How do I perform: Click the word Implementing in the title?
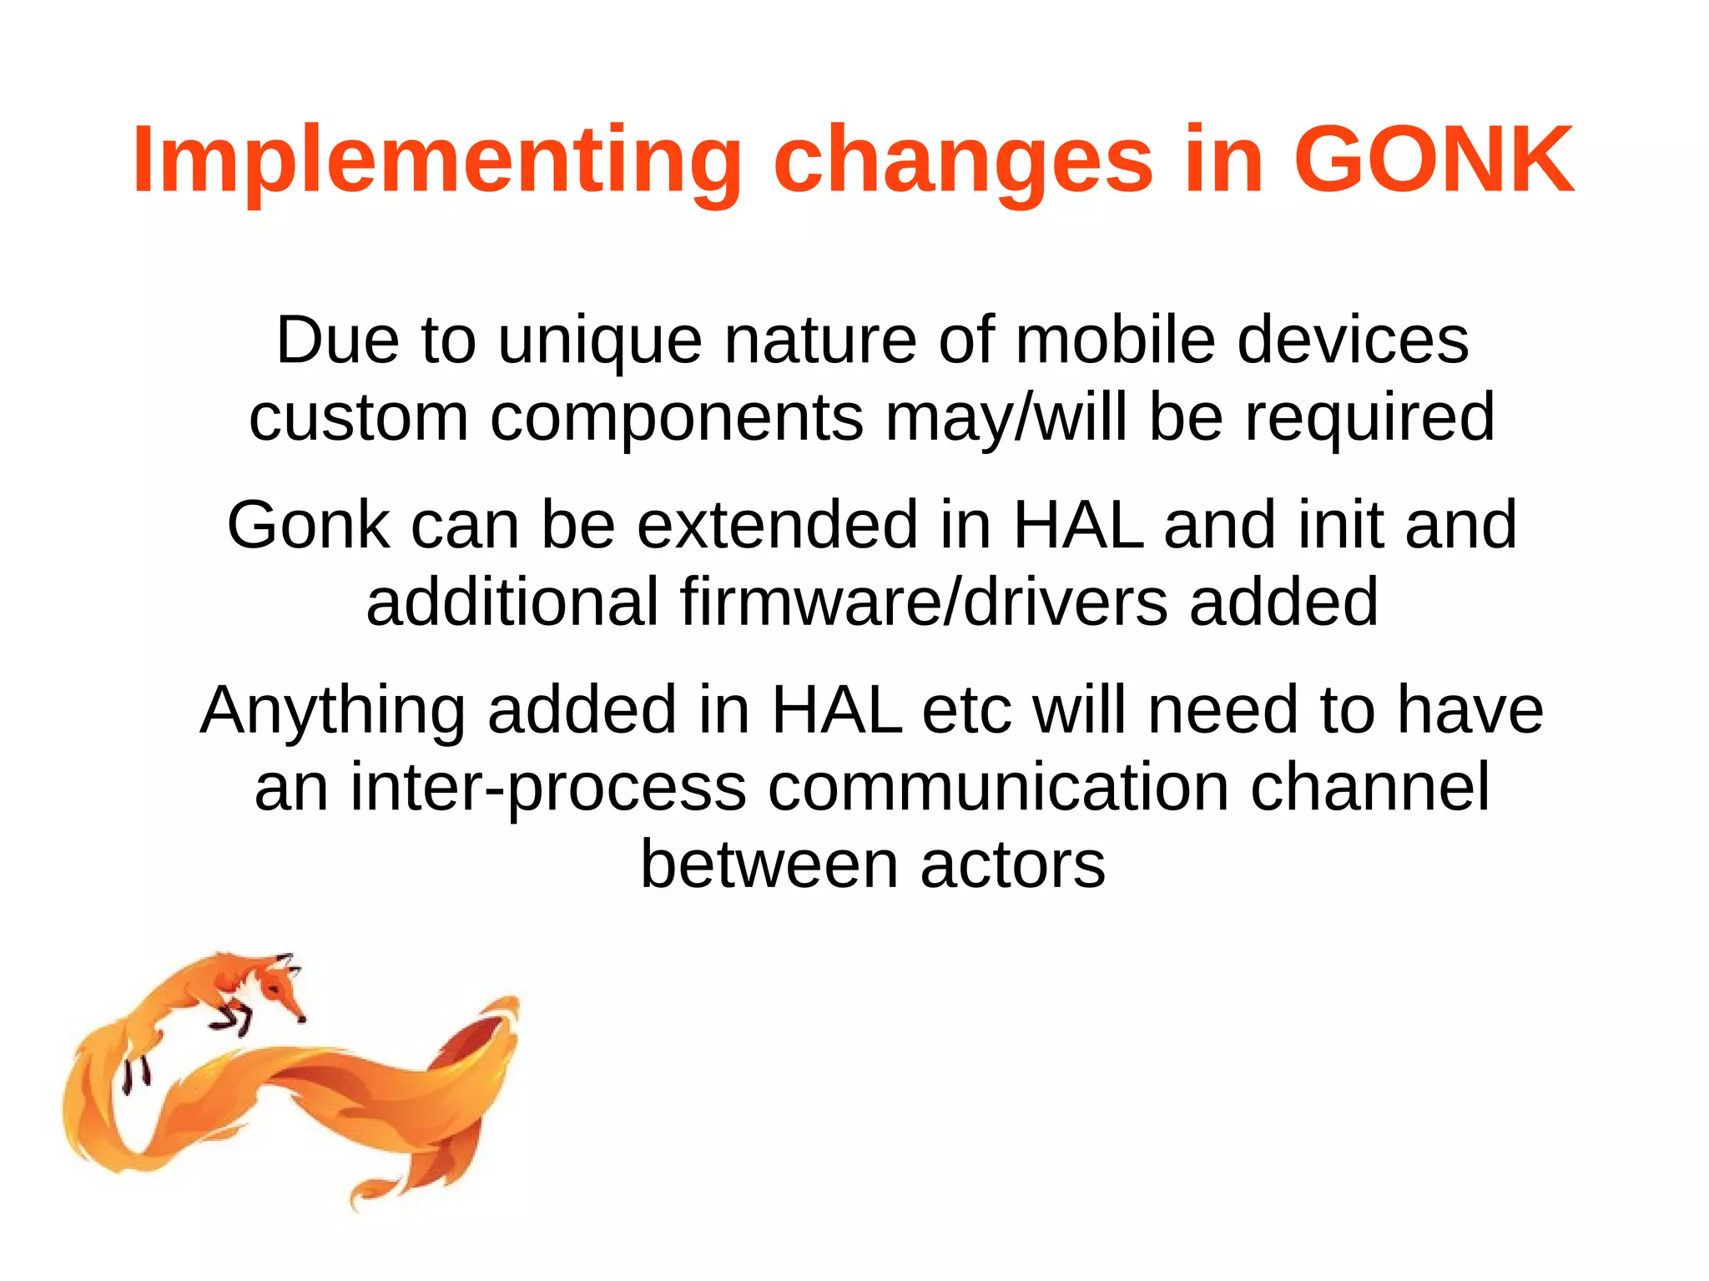[x=436, y=160]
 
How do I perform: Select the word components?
[x=676, y=417]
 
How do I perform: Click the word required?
[x=1369, y=417]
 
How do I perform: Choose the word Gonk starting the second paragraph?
[x=308, y=525]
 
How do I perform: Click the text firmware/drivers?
[x=924, y=602]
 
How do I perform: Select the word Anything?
[x=333, y=710]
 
